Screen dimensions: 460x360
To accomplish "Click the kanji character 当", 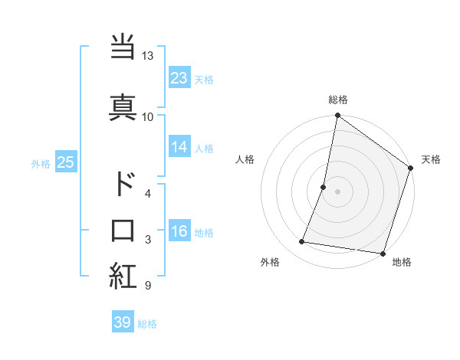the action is point(123,47).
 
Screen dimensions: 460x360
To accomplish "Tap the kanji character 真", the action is point(123,106).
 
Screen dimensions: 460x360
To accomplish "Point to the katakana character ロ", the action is point(123,230).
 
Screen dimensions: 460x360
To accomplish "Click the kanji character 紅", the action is point(123,277).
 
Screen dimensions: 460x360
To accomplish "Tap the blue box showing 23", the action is point(179,78).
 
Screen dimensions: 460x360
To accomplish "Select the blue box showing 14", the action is point(179,148).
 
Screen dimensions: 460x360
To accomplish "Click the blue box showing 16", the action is point(179,232).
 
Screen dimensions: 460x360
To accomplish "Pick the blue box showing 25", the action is point(65,162).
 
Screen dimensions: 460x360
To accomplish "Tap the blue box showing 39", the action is point(123,322).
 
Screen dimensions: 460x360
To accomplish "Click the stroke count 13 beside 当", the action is point(147,56).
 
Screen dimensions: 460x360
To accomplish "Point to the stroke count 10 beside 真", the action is point(147,116).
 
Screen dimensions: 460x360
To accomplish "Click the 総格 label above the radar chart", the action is point(338,100).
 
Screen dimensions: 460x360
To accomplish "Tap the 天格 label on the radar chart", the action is point(431,159).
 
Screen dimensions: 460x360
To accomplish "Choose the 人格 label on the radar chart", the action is point(245,159).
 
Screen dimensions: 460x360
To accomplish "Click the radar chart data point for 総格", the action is point(337,116).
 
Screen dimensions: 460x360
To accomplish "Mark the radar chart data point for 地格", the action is point(383,253).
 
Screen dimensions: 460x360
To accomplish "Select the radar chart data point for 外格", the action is point(302,242).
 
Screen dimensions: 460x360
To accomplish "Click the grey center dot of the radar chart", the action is point(337,191).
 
